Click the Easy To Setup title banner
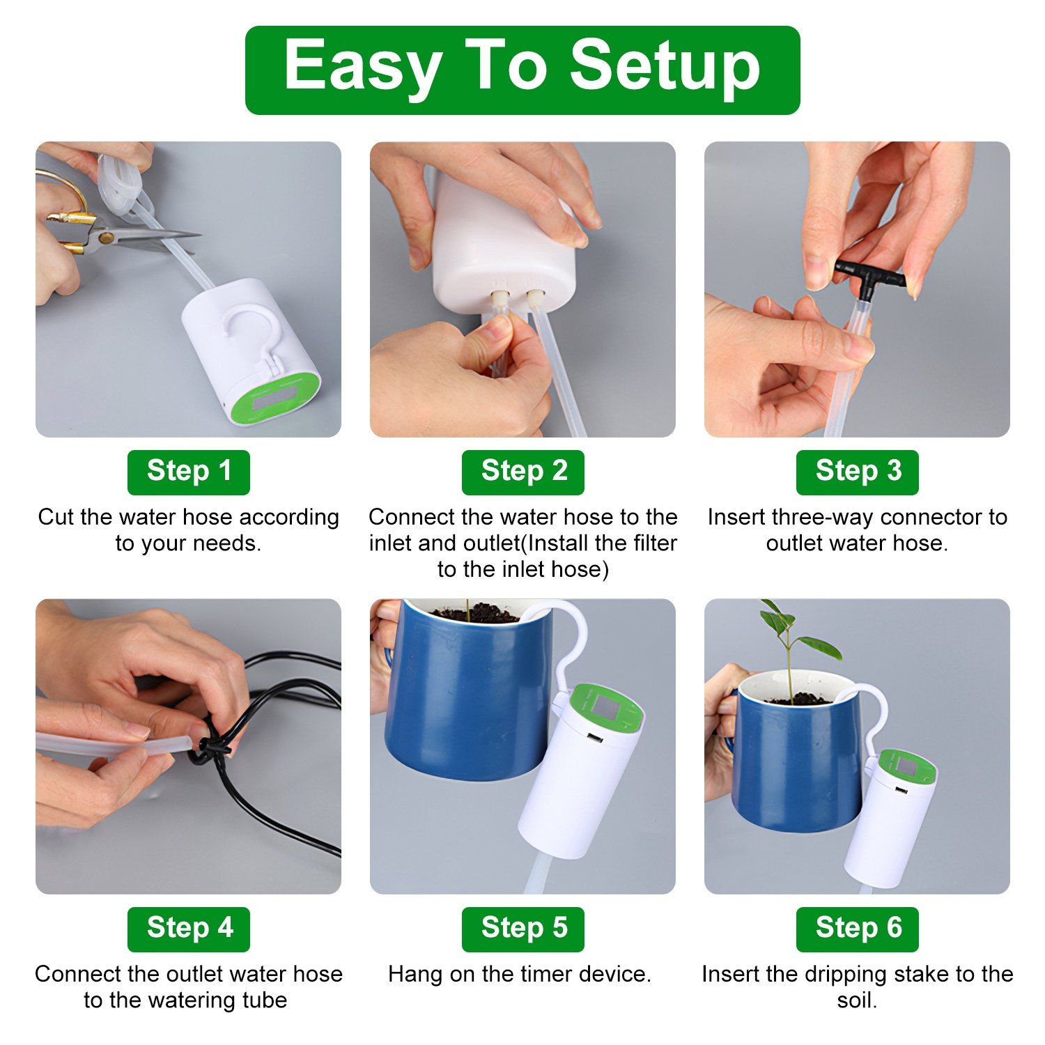tap(522, 70)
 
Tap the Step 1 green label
tap(188, 472)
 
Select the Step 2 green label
tap(522, 472)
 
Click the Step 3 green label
tap(857, 472)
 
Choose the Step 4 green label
tap(188, 929)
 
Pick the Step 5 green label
tap(522, 929)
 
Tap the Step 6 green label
tap(857, 929)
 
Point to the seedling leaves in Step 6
tap(801, 634)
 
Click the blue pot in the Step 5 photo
tap(467, 697)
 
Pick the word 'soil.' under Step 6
tap(857, 1000)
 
